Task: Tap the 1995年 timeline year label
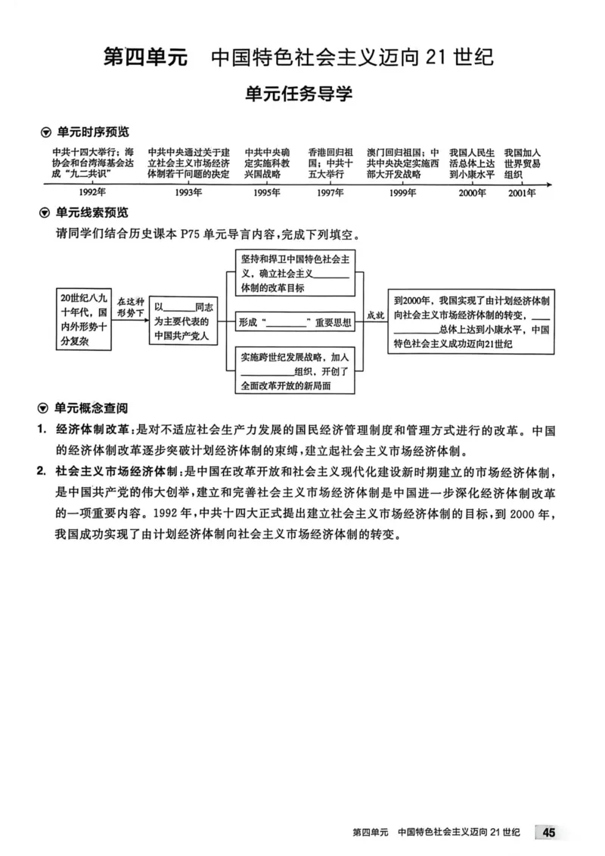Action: [266, 193]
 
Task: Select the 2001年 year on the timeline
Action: [522, 193]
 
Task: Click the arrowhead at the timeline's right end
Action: [550, 184]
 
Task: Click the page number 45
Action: [549, 833]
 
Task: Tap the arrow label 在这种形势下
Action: [129, 305]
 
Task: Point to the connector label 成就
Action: [374, 314]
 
